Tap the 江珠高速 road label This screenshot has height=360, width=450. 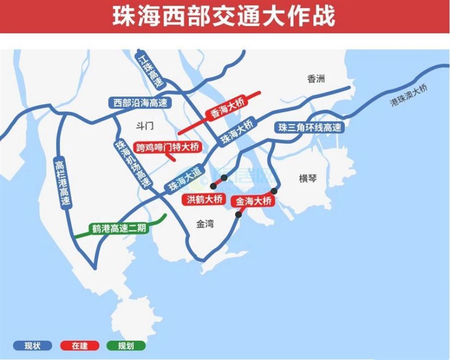(151, 71)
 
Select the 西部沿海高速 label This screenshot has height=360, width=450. (140, 103)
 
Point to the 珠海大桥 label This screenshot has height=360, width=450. (237, 132)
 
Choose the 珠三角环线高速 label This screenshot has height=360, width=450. (310, 127)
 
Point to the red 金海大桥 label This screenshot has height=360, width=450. (253, 201)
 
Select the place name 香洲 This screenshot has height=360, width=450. (316, 79)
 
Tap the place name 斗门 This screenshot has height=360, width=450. (144, 126)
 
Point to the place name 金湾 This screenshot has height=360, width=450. (205, 224)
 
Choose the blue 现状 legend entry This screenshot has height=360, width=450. (32, 346)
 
